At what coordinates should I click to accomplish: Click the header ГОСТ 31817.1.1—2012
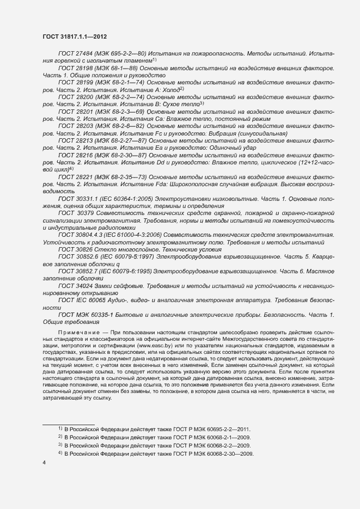(x=74, y=37)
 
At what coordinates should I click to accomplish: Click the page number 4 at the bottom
(x=44, y=463)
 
